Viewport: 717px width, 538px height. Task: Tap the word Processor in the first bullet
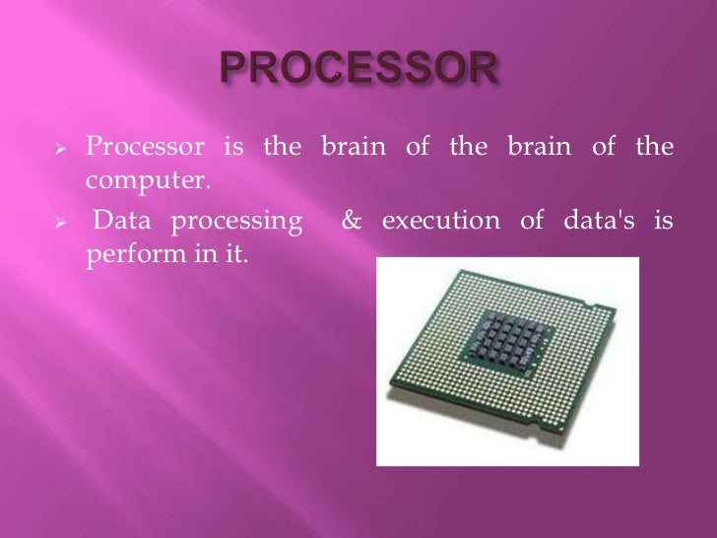click(x=144, y=148)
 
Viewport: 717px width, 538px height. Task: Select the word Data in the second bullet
click(x=124, y=220)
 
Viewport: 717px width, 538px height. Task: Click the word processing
click(x=237, y=221)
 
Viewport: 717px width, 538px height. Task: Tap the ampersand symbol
click(x=352, y=220)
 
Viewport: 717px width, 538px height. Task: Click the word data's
click(x=593, y=220)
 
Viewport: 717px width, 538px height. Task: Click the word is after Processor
click(x=232, y=148)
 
